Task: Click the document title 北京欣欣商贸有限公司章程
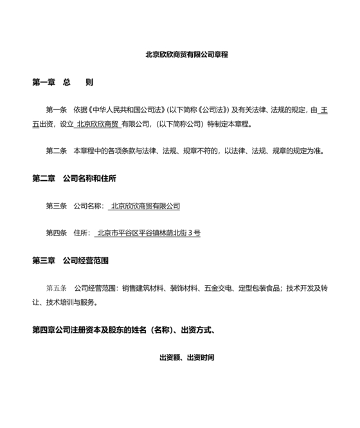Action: point(186,55)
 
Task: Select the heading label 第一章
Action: point(43,82)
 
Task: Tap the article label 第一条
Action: point(56,111)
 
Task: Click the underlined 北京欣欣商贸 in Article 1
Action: point(98,124)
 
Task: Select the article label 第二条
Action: point(56,151)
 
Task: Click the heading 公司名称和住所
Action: point(89,178)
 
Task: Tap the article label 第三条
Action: point(56,206)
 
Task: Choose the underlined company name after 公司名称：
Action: point(145,206)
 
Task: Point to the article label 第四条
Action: point(56,233)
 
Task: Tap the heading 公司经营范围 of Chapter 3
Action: point(85,261)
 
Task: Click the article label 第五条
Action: point(56,288)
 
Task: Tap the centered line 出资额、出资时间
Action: point(186,357)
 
